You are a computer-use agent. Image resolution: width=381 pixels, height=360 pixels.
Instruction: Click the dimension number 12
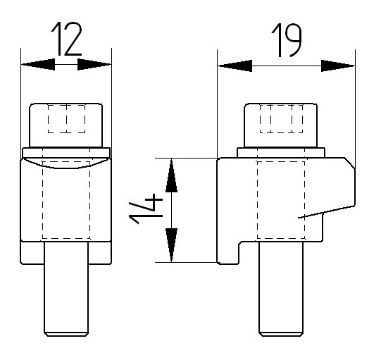pos(66,39)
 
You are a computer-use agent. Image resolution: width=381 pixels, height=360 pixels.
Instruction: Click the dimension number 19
pos(287,40)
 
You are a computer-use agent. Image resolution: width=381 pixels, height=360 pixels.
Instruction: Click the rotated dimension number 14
pos(146,209)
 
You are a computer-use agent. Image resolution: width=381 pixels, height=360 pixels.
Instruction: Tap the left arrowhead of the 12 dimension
pos(38,64)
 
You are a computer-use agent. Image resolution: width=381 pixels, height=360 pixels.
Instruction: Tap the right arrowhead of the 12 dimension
pos(94,64)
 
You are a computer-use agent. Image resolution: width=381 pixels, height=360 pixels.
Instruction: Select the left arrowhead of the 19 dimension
pos(235,66)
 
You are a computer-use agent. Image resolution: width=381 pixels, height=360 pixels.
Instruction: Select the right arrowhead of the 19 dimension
pos(338,66)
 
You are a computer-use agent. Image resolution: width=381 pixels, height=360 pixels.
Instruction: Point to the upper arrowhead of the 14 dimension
pos(171,175)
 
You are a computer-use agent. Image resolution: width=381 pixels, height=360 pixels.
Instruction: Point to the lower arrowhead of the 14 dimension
pos(171,245)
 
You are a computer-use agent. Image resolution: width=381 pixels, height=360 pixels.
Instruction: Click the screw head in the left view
pos(65,125)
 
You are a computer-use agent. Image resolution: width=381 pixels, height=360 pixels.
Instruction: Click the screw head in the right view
pos(281,125)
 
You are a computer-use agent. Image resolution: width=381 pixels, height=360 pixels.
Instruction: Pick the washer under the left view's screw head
pos(66,153)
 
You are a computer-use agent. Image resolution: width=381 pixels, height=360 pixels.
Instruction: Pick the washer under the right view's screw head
pos(281,153)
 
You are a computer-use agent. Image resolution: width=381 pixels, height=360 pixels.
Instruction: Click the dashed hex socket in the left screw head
pos(67,119)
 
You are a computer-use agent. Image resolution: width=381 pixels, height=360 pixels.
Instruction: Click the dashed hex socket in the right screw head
pos(282,119)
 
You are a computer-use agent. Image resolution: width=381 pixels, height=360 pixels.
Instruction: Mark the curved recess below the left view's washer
pos(66,166)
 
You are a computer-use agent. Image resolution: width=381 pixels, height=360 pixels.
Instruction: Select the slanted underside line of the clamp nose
pos(326,212)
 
